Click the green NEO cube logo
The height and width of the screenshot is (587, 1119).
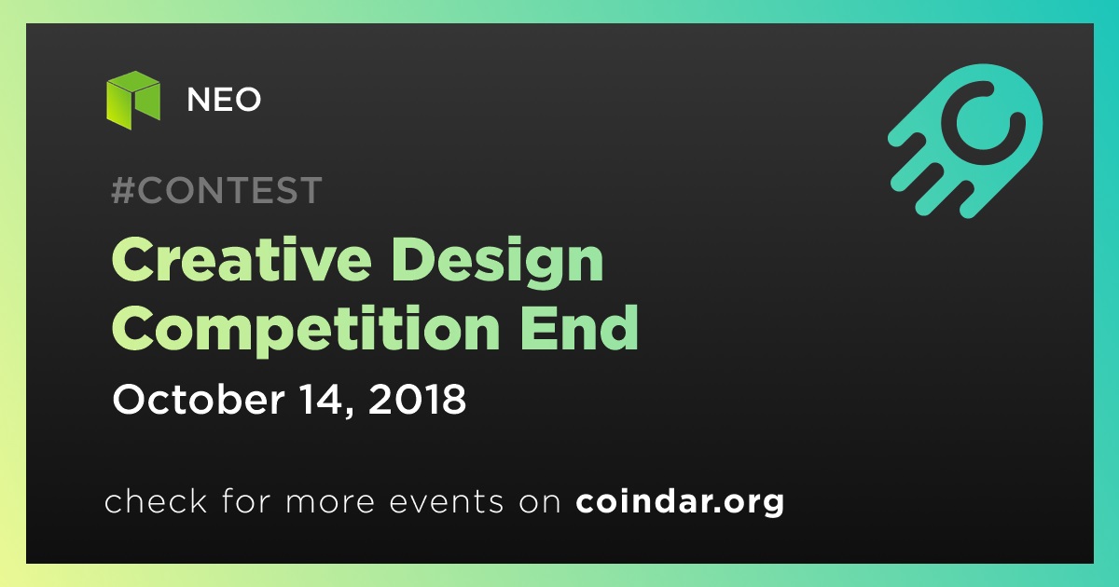point(133,101)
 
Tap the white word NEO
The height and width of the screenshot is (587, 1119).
point(224,100)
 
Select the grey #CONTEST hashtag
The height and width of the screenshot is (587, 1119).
point(216,190)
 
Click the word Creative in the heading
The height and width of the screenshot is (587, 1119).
point(242,260)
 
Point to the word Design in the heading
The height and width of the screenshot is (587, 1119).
point(498,263)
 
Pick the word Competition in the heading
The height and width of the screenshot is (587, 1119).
point(306,331)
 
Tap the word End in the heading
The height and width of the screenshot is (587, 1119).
point(578,327)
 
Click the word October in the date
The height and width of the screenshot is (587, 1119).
point(199,399)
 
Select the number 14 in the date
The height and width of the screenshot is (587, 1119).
point(323,400)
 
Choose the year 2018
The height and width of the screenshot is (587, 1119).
point(417,400)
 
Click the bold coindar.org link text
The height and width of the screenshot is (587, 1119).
point(680,502)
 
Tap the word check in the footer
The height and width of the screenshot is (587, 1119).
point(156,500)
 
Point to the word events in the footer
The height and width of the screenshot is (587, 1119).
point(447,502)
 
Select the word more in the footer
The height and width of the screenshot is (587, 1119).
point(330,503)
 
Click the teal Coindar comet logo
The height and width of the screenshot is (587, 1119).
point(965,141)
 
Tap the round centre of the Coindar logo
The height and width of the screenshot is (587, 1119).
point(983,122)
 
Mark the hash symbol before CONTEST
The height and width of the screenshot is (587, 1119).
point(122,190)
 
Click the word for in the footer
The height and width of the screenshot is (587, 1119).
point(246,500)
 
